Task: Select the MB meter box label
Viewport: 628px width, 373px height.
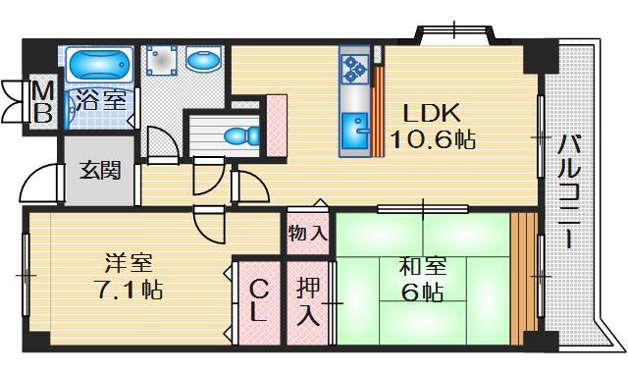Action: (x=43, y=100)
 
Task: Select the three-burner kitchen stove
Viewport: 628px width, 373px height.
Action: (x=354, y=68)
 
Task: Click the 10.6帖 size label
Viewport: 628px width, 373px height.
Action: (x=432, y=139)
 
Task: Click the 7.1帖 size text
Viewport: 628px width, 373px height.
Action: (x=129, y=292)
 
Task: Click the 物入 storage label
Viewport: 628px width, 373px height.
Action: (x=308, y=234)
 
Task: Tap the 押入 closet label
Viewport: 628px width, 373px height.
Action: (x=308, y=302)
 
